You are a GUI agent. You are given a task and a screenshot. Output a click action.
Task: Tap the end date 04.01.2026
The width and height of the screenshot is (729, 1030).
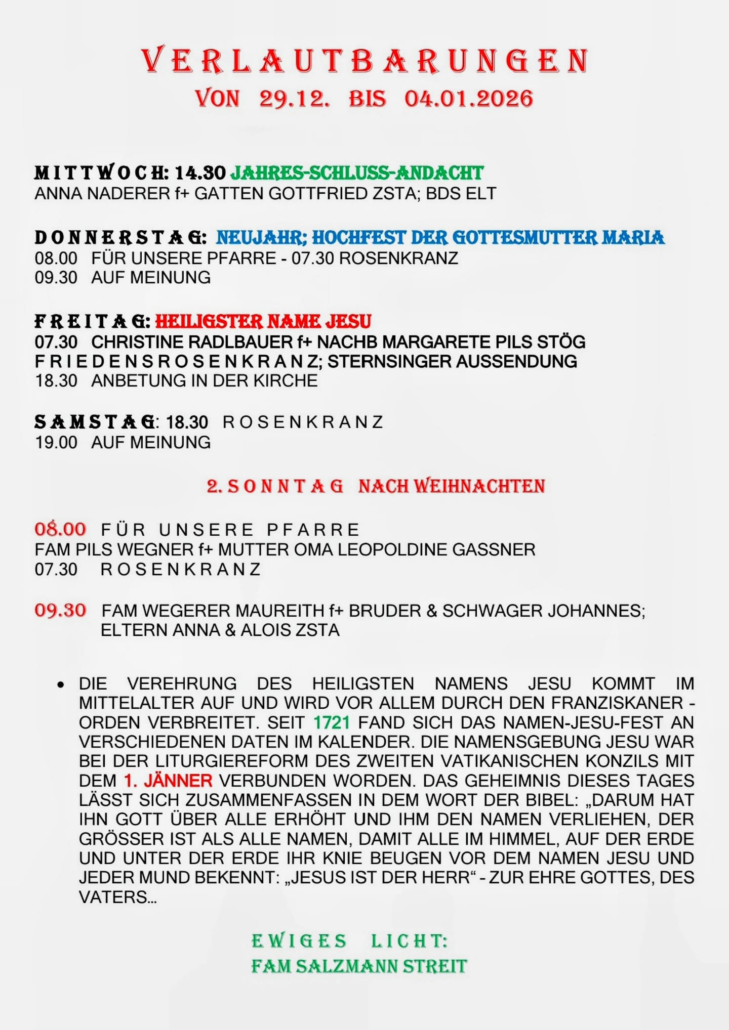click(x=468, y=99)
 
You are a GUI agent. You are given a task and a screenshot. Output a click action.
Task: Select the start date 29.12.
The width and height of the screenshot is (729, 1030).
click(x=294, y=99)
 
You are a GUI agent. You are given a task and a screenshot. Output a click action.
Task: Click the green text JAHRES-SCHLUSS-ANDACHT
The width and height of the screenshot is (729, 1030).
click(x=357, y=173)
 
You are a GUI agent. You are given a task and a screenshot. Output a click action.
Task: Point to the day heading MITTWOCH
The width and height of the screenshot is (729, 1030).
click(x=101, y=173)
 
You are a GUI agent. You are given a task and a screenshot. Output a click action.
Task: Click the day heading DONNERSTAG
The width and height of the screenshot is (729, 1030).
click(x=120, y=237)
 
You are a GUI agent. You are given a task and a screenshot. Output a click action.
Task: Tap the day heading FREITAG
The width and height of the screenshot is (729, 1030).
click(x=92, y=321)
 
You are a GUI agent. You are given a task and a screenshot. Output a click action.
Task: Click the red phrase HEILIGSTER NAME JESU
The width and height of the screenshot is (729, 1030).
click(x=263, y=321)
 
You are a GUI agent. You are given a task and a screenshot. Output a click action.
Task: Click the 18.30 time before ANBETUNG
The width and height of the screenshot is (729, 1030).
click(x=56, y=380)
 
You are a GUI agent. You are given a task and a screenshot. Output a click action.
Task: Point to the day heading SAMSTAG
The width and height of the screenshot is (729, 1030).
click(x=95, y=422)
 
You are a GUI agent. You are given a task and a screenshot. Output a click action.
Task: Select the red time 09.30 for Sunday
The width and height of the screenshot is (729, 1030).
click(x=60, y=610)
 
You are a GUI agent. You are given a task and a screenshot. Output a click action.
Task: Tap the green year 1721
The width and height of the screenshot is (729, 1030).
click(x=332, y=722)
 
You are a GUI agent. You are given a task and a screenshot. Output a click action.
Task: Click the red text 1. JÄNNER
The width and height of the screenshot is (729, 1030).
click(x=168, y=781)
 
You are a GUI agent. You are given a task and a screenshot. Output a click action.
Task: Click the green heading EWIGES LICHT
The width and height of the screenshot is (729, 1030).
click(x=349, y=941)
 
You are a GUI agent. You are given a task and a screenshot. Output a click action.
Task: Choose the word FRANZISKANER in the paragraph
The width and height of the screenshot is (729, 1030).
click(x=618, y=703)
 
